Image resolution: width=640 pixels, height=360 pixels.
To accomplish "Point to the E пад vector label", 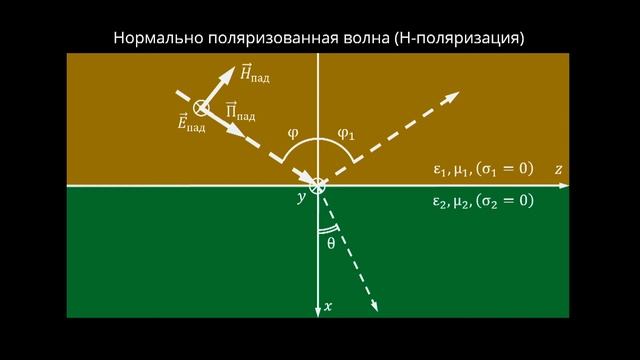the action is click(x=190, y=126).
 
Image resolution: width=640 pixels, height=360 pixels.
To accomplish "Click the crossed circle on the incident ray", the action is click(x=201, y=107).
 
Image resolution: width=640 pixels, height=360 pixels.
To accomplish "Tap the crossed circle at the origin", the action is click(x=318, y=185).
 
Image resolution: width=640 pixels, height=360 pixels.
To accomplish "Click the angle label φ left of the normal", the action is click(x=292, y=131).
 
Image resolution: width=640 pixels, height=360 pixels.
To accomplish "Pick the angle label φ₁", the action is click(x=345, y=131).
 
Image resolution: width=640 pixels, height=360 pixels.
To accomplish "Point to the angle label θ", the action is click(x=331, y=242).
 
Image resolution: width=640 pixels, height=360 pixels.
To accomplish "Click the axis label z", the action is click(x=559, y=170).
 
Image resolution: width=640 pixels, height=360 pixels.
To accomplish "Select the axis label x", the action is click(x=328, y=306).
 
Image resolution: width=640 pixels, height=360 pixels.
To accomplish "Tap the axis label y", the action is click(x=300, y=199).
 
